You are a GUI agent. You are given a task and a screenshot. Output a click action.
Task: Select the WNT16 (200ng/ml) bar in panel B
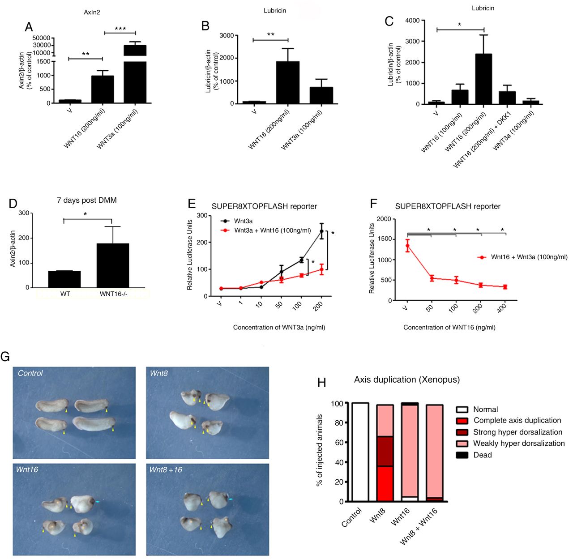click(287, 82)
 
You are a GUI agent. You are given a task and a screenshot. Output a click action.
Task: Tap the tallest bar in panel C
click(483, 79)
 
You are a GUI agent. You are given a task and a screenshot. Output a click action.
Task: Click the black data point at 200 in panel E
click(321, 231)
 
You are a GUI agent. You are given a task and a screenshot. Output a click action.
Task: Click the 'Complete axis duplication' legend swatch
click(462, 421)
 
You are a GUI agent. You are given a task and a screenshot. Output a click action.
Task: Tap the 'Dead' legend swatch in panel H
click(462, 455)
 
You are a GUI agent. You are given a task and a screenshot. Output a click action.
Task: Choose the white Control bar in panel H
click(360, 452)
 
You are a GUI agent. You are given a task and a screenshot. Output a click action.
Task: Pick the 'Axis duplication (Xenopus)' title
click(406, 380)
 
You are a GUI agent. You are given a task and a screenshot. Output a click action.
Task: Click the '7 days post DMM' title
click(87, 200)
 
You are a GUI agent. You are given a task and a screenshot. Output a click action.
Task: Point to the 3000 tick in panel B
click(226, 35)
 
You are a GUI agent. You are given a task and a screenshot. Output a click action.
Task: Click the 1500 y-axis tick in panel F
click(384, 239)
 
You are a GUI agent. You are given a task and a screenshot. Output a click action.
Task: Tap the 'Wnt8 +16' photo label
click(166, 470)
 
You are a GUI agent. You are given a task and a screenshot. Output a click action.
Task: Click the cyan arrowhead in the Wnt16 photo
click(97, 502)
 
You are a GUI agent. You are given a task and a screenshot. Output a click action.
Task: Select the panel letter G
click(6, 356)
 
